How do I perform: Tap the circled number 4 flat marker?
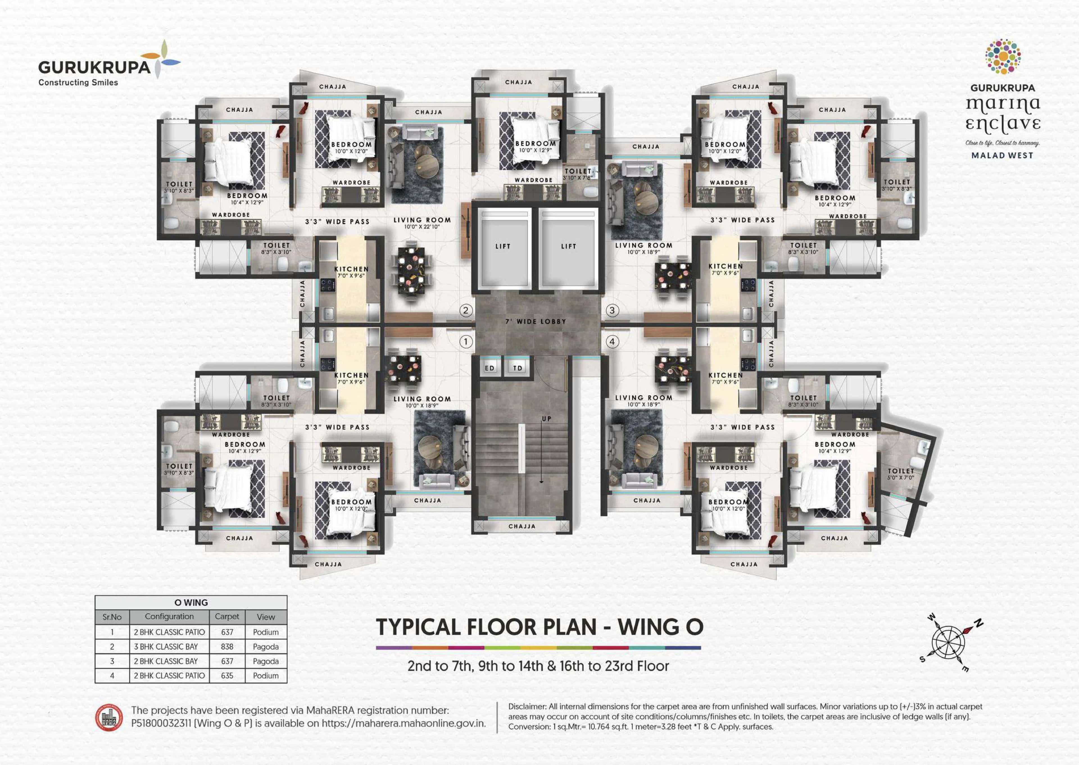point(612,342)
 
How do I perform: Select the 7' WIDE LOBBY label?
point(536,321)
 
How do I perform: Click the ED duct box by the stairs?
point(489,368)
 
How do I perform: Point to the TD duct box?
point(517,368)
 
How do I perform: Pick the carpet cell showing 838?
point(227,647)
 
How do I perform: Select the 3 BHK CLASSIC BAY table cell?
point(166,647)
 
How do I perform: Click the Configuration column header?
point(169,617)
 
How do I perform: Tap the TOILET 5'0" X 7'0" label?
point(900,474)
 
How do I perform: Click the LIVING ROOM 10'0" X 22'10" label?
point(422,223)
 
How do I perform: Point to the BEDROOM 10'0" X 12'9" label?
point(535,146)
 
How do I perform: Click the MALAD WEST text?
point(1002,155)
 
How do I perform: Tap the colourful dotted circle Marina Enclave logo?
point(1003,56)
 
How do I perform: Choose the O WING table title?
point(191,603)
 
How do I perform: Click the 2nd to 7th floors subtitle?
point(538,666)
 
